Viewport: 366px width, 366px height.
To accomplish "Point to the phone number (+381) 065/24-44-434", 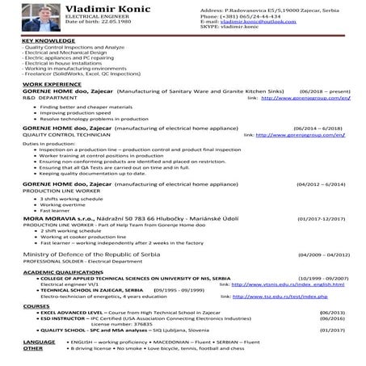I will point(253,16).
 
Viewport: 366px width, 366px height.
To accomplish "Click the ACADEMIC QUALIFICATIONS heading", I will point(61,272).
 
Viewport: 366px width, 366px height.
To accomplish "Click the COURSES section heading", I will point(36,307).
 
